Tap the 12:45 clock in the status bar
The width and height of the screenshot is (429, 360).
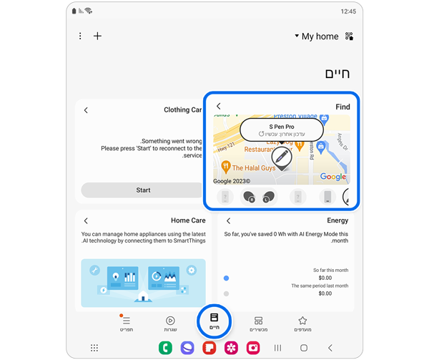[x=348, y=11]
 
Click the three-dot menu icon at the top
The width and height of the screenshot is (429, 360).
[x=80, y=36]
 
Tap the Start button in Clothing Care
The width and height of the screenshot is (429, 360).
[x=143, y=190]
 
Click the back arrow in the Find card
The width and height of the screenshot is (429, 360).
[x=219, y=107]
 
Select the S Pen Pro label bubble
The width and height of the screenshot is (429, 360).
[x=281, y=130]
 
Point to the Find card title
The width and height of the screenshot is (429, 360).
[x=342, y=107]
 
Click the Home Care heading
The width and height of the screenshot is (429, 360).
[x=188, y=220]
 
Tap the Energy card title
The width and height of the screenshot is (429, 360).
[x=337, y=220]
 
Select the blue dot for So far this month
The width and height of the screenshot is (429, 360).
[x=227, y=278]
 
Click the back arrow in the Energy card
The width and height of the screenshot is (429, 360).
[x=229, y=220]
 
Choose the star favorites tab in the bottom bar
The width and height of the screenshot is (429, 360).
[x=302, y=323]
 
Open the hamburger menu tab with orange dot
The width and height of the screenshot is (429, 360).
[x=127, y=323]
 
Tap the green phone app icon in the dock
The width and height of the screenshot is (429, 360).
[x=166, y=348]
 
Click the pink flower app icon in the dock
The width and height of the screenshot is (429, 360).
[x=231, y=348]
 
